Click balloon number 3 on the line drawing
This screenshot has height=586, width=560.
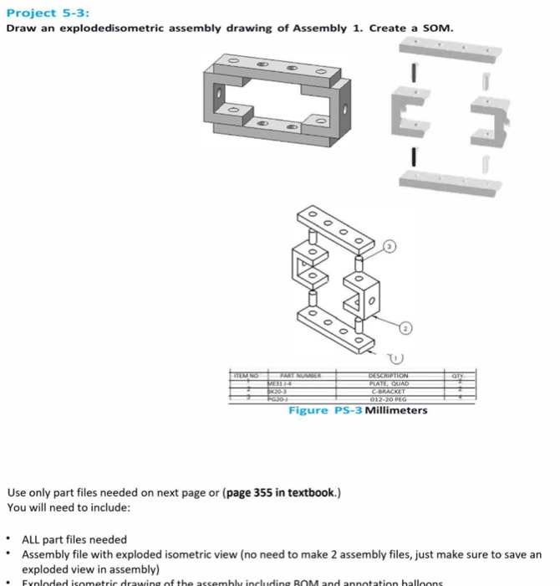[x=389, y=247]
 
